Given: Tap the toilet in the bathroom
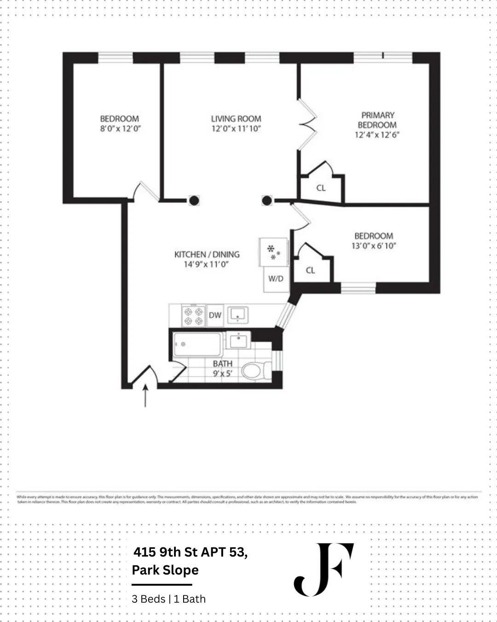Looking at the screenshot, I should [x=255, y=370].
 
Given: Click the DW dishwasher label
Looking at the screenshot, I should [x=215, y=316].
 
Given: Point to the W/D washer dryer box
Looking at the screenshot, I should [x=276, y=279].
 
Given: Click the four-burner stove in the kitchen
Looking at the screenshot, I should [x=193, y=316].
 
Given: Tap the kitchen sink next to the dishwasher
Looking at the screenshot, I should [x=238, y=315].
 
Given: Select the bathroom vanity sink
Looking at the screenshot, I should [x=238, y=341].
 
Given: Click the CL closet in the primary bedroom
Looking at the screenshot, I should [x=321, y=188].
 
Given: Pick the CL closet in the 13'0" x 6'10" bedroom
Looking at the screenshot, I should [x=311, y=270].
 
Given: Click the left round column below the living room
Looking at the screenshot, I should [x=194, y=200].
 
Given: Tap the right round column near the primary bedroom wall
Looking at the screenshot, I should [x=267, y=200].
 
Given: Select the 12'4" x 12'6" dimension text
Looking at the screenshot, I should [x=377, y=135].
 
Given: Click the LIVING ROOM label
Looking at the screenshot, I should [x=236, y=119].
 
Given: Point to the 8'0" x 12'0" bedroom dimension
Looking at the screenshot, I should [x=120, y=129].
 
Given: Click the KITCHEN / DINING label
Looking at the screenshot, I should [x=207, y=254].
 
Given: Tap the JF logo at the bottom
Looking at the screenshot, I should [x=324, y=569].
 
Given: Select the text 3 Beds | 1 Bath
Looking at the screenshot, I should [x=168, y=599].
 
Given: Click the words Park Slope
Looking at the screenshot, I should [x=165, y=570].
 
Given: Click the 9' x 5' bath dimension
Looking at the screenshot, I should [x=222, y=374].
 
